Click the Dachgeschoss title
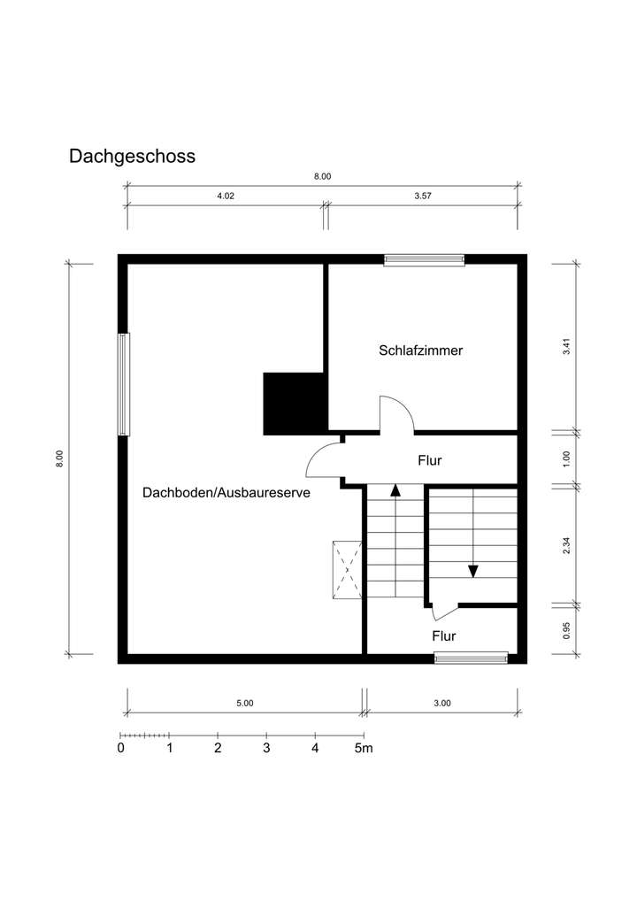pyautogui.click(x=132, y=157)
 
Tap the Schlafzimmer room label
pyautogui.click(x=420, y=350)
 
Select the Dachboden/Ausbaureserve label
pyautogui.click(x=226, y=493)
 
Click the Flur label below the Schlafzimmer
pyautogui.click(x=429, y=460)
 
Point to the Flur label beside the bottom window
pyautogui.click(x=444, y=635)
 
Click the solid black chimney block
pyautogui.click(x=294, y=404)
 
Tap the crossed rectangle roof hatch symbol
pyautogui.click(x=347, y=569)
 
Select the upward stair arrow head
pyautogui.click(x=395, y=489)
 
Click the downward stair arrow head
pyautogui.click(x=473, y=570)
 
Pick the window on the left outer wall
pyautogui.click(x=124, y=383)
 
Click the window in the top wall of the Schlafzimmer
pyautogui.click(x=424, y=260)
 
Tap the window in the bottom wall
pyautogui.click(x=471, y=658)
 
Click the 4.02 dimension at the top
pyautogui.click(x=225, y=196)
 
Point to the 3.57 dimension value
pyautogui.click(x=423, y=196)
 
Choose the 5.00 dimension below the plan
pyautogui.click(x=245, y=703)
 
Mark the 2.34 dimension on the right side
pyautogui.click(x=567, y=545)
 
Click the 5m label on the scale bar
pyautogui.click(x=364, y=748)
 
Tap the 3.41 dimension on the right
pyautogui.click(x=567, y=347)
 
